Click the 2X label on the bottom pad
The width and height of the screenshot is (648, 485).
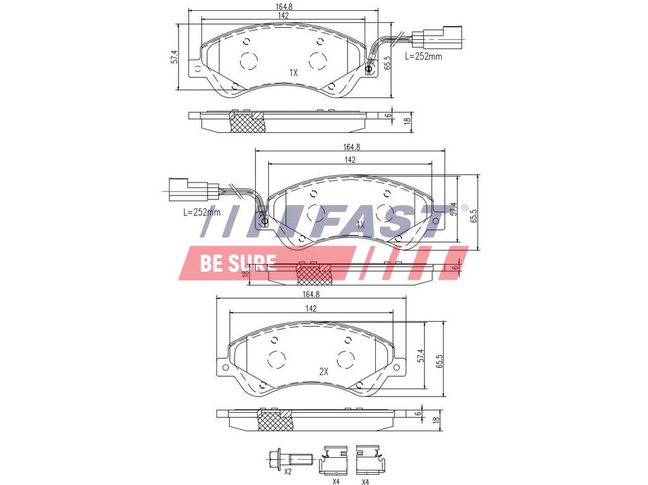click(323, 371)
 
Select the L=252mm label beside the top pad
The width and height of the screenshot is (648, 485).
click(423, 56)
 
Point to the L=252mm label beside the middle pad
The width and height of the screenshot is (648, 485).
click(202, 213)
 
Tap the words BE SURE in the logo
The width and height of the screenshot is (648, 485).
click(238, 263)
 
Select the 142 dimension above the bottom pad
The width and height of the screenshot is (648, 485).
click(311, 308)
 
